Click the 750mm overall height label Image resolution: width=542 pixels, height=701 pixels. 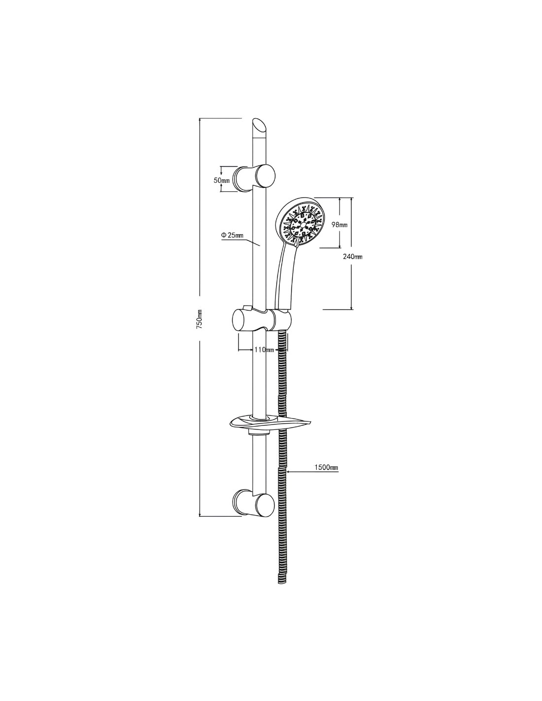pyautogui.click(x=199, y=319)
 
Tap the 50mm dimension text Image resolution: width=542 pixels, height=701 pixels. pyautogui.click(x=222, y=180)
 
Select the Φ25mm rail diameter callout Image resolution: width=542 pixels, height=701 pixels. pyautogui.click(x=232, y=235)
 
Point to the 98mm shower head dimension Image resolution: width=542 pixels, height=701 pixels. pyautogui.click(x=339, y=225)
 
